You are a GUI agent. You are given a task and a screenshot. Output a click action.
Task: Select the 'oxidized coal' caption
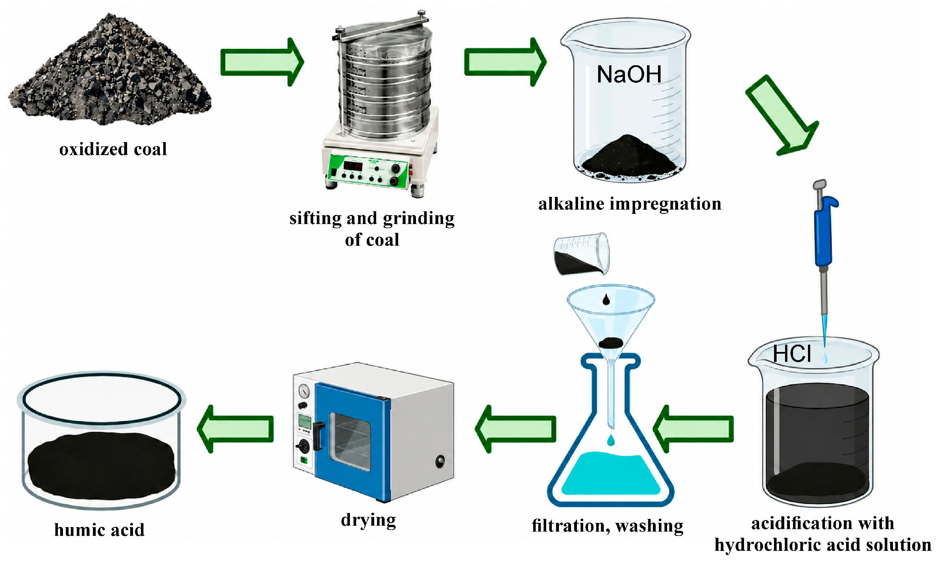(x=113, y=149)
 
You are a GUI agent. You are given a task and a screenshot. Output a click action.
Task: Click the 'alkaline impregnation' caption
(x=630, y=204)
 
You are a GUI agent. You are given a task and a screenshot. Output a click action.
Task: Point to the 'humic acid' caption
(x=99, y=530)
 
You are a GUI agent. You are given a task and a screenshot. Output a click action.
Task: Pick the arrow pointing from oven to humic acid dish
(x=235, y=429)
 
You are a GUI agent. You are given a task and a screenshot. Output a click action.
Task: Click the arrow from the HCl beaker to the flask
(x=693, y=429)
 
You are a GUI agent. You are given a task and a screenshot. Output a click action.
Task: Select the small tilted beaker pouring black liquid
(x=581, y=254)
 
